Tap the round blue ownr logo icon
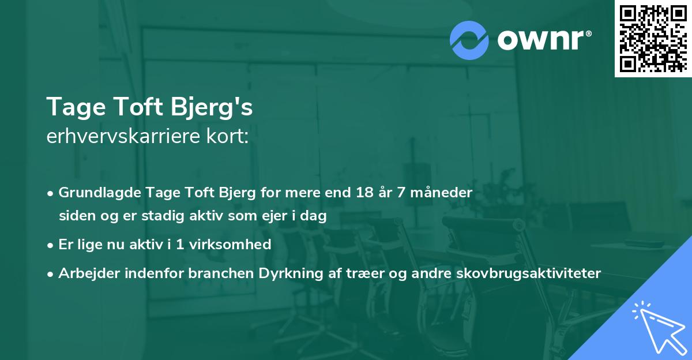click(x=469, y=40)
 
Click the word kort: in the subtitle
click(x=231, y=137)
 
